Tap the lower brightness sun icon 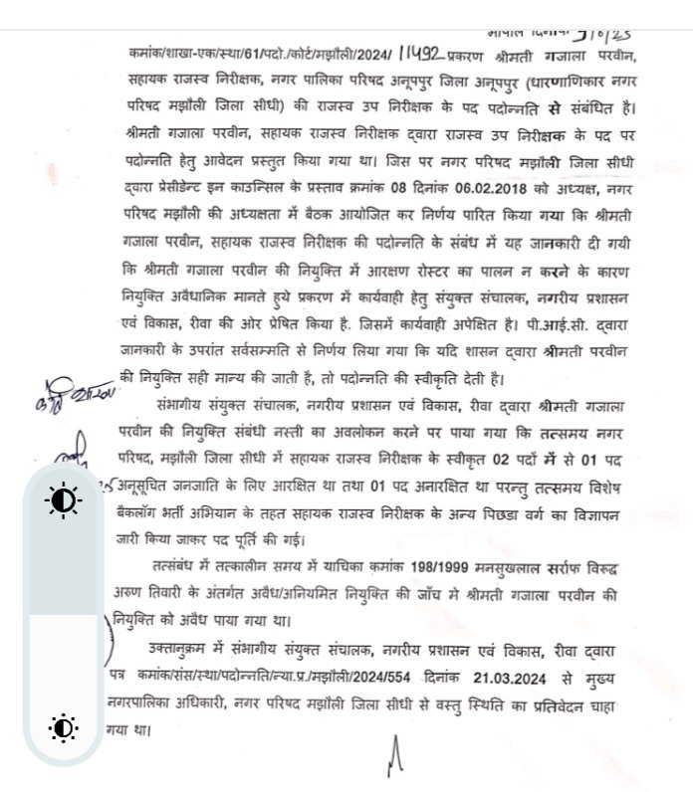[64, 728]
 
